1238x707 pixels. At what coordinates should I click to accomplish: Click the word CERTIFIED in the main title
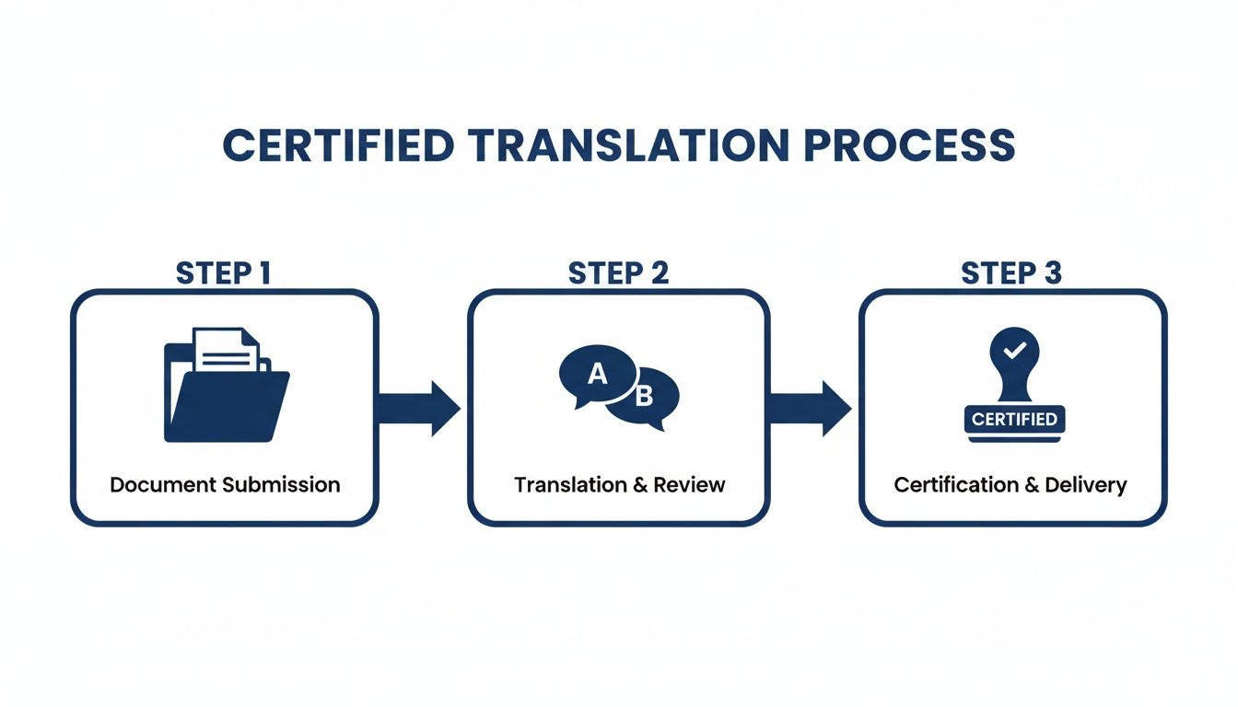tap(338, 146)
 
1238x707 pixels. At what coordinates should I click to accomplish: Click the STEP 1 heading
tap(223, 273)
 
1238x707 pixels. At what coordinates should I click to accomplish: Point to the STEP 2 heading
tap(618, 273)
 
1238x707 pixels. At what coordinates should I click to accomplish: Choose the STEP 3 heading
tap(1011, 273)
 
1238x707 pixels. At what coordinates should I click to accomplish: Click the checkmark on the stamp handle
tap(1013, 351)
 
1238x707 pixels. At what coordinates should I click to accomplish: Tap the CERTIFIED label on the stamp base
tap(1013, 420)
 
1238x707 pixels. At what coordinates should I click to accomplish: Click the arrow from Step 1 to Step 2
tap(419, 407)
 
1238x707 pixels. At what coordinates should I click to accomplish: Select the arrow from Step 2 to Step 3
tap(811, 407)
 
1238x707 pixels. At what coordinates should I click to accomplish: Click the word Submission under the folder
tap(286, 485)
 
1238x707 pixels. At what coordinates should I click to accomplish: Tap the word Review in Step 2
tap(692, 485)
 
